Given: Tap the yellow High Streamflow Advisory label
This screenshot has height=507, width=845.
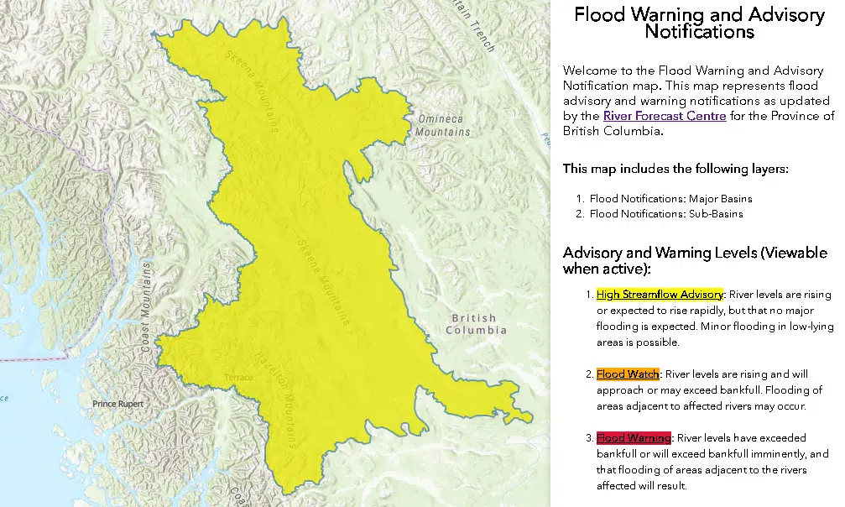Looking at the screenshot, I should click(x=659, y=295).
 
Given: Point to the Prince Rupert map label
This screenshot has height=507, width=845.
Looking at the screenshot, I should click(x=117, y=405).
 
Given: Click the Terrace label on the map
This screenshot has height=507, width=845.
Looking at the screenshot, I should click(x=238, y=378).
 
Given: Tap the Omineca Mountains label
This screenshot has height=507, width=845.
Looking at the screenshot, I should click(x=443, y=126).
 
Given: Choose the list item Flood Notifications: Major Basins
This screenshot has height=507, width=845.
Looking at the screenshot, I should click(x=670, y=199).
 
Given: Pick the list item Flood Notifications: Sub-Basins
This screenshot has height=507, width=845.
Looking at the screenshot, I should click(x=665, y=214).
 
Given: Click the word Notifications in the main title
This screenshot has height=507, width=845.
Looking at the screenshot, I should click(x=699, y=32).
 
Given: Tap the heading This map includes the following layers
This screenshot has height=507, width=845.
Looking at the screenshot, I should click(x=675, y=169).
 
